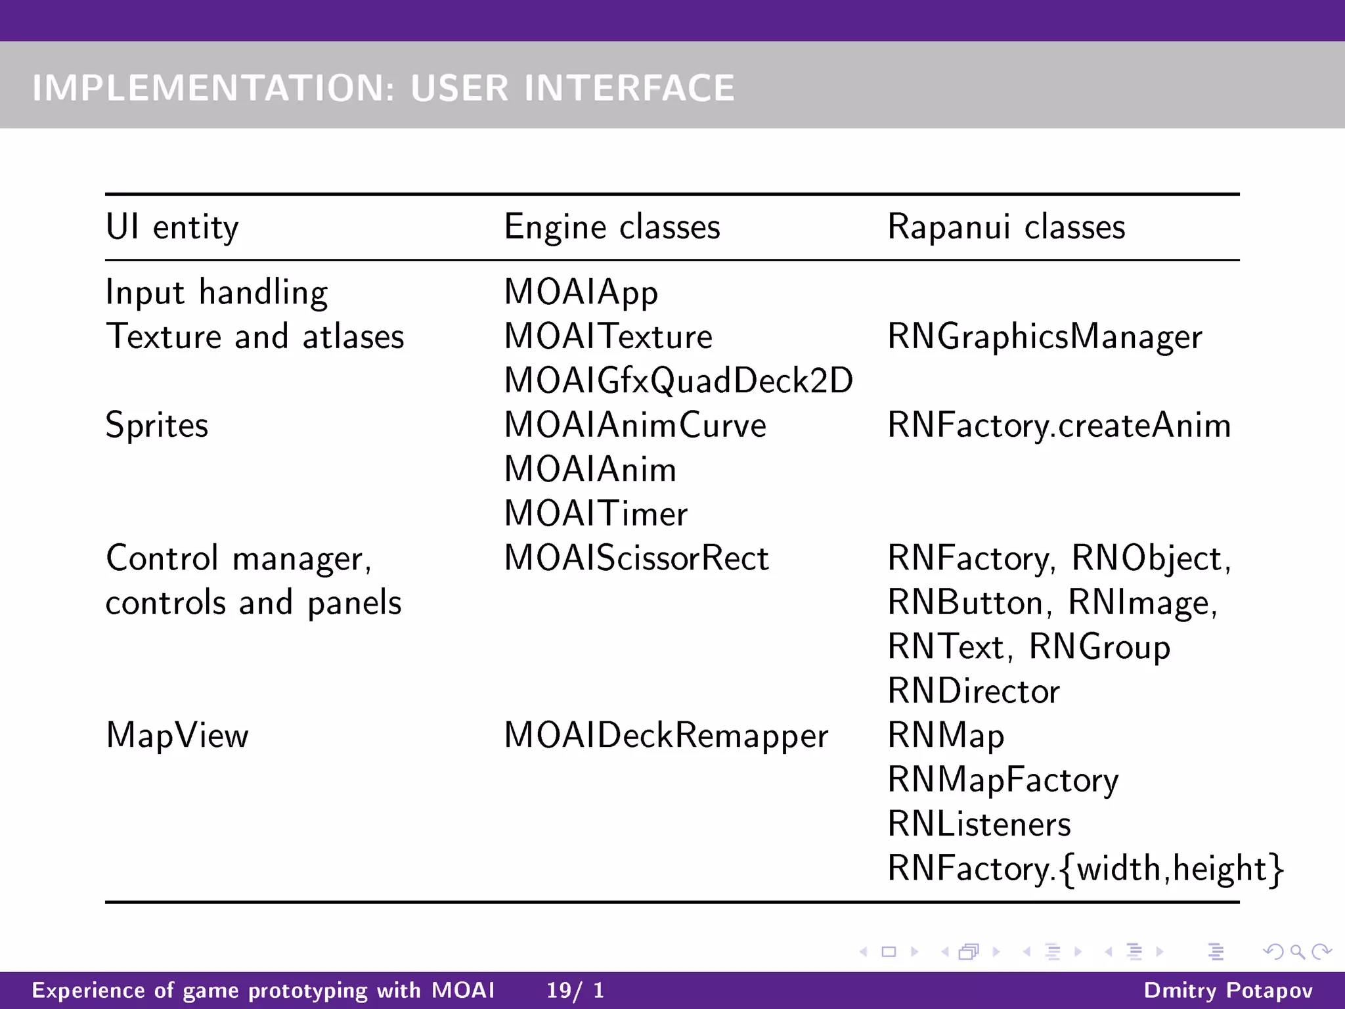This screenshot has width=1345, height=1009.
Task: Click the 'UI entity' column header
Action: click(x=172, y=228)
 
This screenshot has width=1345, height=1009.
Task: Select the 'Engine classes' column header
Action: click(x=611, y=228)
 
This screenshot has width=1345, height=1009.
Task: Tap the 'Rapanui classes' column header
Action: click(x=1005, y=228)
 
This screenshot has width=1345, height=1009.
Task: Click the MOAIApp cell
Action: click(x=581, y=293)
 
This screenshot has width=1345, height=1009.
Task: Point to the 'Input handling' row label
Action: click(x=217, y=293)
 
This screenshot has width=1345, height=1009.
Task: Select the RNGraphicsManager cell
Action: click(x=1044, y=338)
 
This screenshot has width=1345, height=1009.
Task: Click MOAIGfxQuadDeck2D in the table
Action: click(x=678, y=381)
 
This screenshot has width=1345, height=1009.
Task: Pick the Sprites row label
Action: click(x=157, y=426)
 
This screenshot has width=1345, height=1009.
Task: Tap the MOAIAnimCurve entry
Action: click(x=634, y=426)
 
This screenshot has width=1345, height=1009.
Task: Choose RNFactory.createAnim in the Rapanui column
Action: click(x=1059, y=426)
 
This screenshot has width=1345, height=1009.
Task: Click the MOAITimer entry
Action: click(x=596, y=514)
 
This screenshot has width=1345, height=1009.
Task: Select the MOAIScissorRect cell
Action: click(x=636, y=559)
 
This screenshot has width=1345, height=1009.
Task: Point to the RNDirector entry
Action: click(x=973, y=692)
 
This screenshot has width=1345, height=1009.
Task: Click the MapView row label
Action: click(x=177, y=736)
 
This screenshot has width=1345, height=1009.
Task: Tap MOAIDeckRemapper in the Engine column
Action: click(x=665, y=736)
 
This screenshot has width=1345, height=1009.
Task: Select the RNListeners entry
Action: click(x=979, y=824)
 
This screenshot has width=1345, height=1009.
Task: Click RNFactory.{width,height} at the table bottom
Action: click(x=1085, y=869)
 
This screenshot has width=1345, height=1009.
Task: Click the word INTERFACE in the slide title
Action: click(x=628, y=88)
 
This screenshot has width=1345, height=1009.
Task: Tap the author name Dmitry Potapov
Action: click(x=1227, y=990)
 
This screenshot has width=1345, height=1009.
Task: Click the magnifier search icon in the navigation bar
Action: click(x=1297, y=952)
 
